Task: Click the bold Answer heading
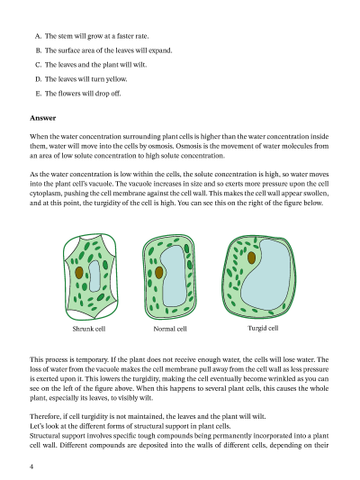[43, 118]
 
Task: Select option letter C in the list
[38, 65]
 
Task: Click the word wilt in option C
[139, 65]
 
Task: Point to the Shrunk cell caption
[89, 329]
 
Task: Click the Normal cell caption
[170, 329]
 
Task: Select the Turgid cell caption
[263, 328]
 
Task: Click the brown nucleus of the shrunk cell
[79, 273]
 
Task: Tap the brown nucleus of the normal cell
[158, 273]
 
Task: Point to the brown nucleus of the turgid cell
[251, 258]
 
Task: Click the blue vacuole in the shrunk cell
[94, 276]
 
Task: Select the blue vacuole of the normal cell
[174, 276]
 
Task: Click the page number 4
[31, 466]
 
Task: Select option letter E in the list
[38, 94]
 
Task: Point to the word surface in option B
[67, 50]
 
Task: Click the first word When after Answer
[38, 137]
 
